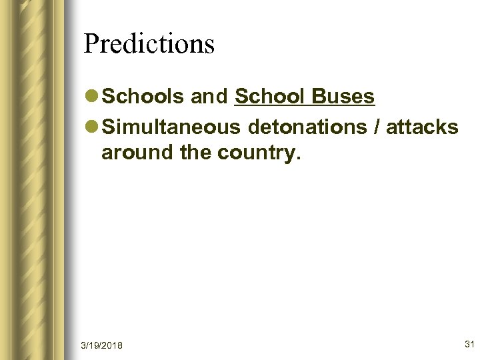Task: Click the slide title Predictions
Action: [x=149, y=44]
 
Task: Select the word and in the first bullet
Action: [x=210, y=97]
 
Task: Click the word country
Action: [x=257, y=154]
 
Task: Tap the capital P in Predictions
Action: [x=91, y=44]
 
